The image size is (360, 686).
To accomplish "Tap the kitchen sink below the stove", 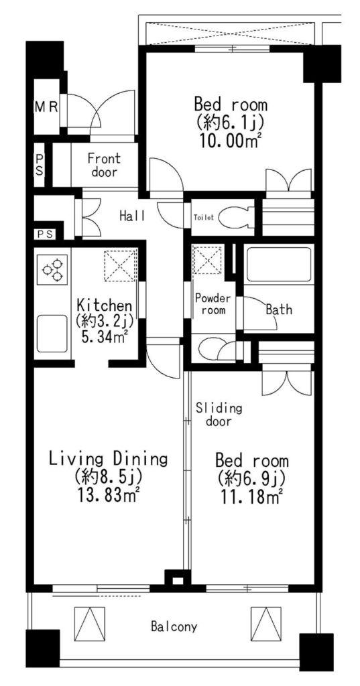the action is [52, 334].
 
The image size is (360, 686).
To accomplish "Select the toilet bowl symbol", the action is [237, 217].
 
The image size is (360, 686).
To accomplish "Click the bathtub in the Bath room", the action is [278, 265].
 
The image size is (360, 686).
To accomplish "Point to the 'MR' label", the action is [46, 107].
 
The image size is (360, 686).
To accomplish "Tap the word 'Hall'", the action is [131, 215].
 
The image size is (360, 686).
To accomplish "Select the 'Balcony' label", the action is [174, 626].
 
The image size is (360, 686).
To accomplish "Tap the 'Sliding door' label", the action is [219, 415].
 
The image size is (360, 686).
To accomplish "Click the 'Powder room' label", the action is [213, 305].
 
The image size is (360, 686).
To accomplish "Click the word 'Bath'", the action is [278, 310].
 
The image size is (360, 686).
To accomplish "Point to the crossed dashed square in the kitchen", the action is [120, 264].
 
